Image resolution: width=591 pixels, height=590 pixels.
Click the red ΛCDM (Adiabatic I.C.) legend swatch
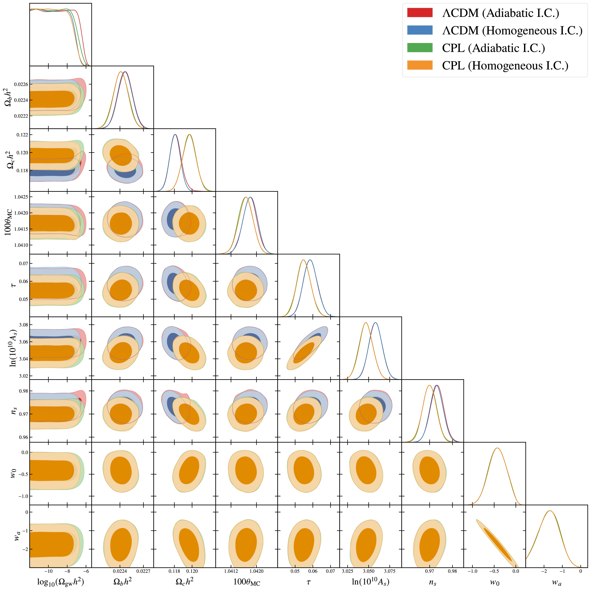click(420, 13)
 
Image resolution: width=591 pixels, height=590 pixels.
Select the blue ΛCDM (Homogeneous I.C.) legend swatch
click(420, 30)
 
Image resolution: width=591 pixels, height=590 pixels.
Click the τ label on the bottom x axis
click(308, 581)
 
